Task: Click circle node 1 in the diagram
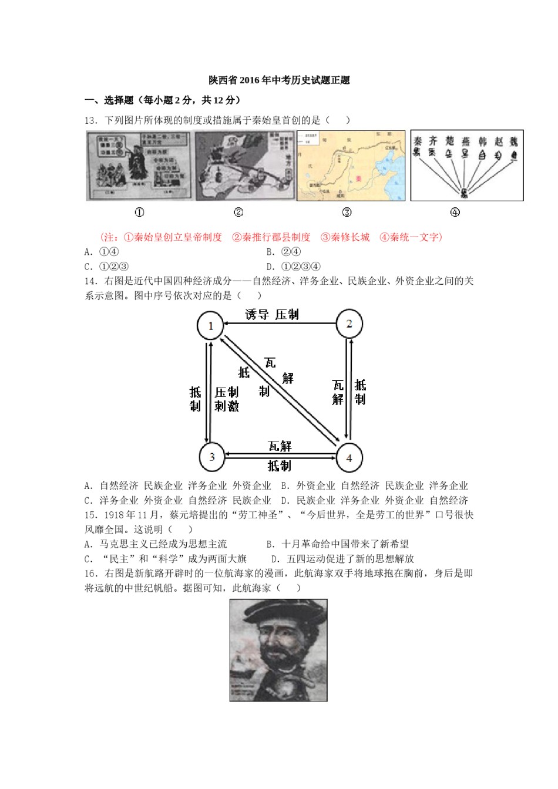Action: pyautogui.click(x=211, y=325)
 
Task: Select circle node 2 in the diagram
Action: pyautogui.click(x=349, y=323)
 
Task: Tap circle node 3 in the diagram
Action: pyautogui.click(x=211, y=456)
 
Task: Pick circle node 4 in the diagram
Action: pyautogui.click(x=349, y=457)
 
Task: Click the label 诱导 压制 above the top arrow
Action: pyautogui.click(x=272, y=315)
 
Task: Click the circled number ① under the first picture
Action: pyautogui.click(x=139, y=213)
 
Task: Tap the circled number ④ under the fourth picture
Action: pyautogui.click(x=455, y=213)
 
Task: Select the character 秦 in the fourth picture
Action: pyautogui.click(x=418, y=141)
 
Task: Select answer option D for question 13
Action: pyautogui.click(x=293, y=267)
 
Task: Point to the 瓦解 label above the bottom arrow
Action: pyautogui.click(x=280, y=446)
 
